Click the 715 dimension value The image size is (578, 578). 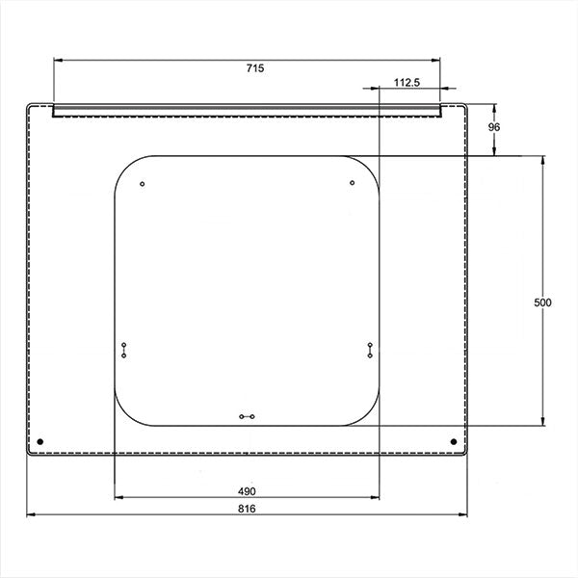pyautogui.click(x=255, y=68)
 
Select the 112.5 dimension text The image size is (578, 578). pyautogui.click(x=407, y=83)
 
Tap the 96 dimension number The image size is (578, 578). pyautogui.click(x=494, y=127)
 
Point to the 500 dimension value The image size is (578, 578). pyautogui.click(x=542, y=302)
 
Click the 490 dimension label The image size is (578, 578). pyautogui.click(x=247, y=491)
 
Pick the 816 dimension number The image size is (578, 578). pyautogui.click(x=247, y=509)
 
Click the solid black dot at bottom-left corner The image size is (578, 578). pyautogui.click(x=40, y=441)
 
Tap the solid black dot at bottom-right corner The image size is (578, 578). pyautogui.click(x=454, y=441)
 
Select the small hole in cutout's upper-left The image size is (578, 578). pyautogui.click(x=143, y=184)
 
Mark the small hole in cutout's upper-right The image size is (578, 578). pyautogui.click(x=352, y=183)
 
